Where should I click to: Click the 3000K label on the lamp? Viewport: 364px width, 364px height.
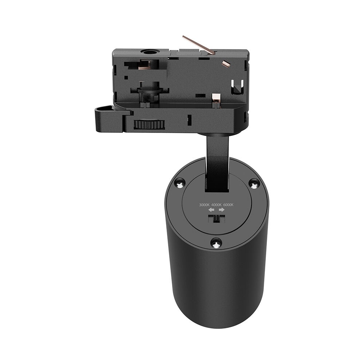pyautogui.click(x=204, y=205)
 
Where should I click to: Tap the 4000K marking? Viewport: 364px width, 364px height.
pyautogui.click(x=217, y=205)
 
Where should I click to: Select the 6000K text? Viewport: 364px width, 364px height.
pyautogui.click(x=228, y=205)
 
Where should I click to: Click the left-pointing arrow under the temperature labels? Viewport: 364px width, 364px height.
pyautogui.click(x=211, y=210)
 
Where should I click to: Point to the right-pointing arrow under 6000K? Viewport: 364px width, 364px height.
pyautogui.click(x=222, y=210)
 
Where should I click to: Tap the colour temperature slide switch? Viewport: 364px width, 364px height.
pyautogui.click(x=216, y=219)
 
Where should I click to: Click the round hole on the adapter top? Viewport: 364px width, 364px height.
pyautogui.click(x=149, y=53)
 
